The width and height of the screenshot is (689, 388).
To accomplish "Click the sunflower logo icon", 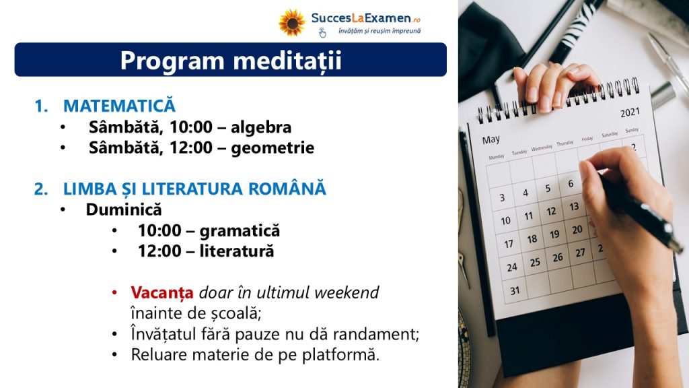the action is [x=292, y=23].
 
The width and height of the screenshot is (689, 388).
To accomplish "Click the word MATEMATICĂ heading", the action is [x=119, y=106].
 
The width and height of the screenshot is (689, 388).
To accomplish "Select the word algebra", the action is [x=261, y=127].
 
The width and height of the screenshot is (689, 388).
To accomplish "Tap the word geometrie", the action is [x=273, y=148].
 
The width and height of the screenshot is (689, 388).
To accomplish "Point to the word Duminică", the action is [x=124, y=209].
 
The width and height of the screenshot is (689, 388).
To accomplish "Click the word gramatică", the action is [x=240, y=230].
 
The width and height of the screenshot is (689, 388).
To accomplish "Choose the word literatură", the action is [x=237, y=251].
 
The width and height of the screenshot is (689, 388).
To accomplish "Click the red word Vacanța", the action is [x=162, y=292].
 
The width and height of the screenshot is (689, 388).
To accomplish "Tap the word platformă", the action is [x=340, y=354].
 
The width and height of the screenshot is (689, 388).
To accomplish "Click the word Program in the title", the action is [x=172, y=61].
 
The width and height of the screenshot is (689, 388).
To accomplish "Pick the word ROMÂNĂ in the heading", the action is [x=287, y=189].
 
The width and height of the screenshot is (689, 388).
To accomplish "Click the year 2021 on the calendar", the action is [x=630, y=112].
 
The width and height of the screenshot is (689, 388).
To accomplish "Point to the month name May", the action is [x=491, y=139].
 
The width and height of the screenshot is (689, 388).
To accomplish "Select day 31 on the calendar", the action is [x=515, y=290].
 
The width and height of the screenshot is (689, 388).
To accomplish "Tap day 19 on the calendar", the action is [x=554, y=234].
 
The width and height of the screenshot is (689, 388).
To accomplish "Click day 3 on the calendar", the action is [x=502, y=197].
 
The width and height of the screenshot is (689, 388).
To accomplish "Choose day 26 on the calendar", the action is [x=558, y=258].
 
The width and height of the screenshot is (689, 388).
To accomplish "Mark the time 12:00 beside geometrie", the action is [x=191, y=148].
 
